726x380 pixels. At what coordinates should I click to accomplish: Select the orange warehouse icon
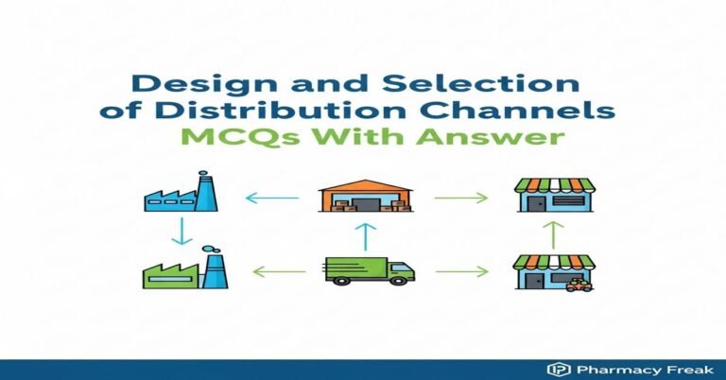coord(364,194)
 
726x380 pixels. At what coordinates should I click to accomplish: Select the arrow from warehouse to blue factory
coord(271,198)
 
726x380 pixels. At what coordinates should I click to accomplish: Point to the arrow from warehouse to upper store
coord(461,198)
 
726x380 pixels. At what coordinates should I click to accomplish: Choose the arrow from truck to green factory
coord(279,272)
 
